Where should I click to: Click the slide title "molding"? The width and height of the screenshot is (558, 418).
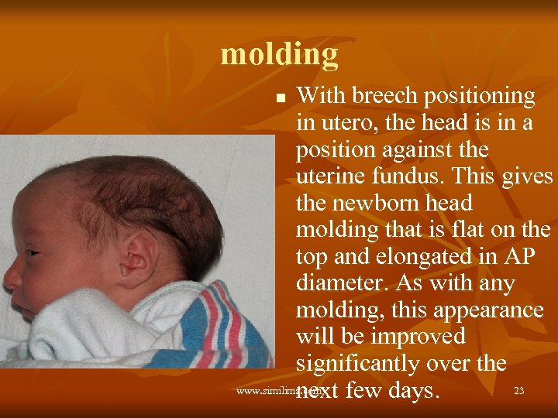(279, 55)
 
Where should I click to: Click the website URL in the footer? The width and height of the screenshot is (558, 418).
(267, 392)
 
